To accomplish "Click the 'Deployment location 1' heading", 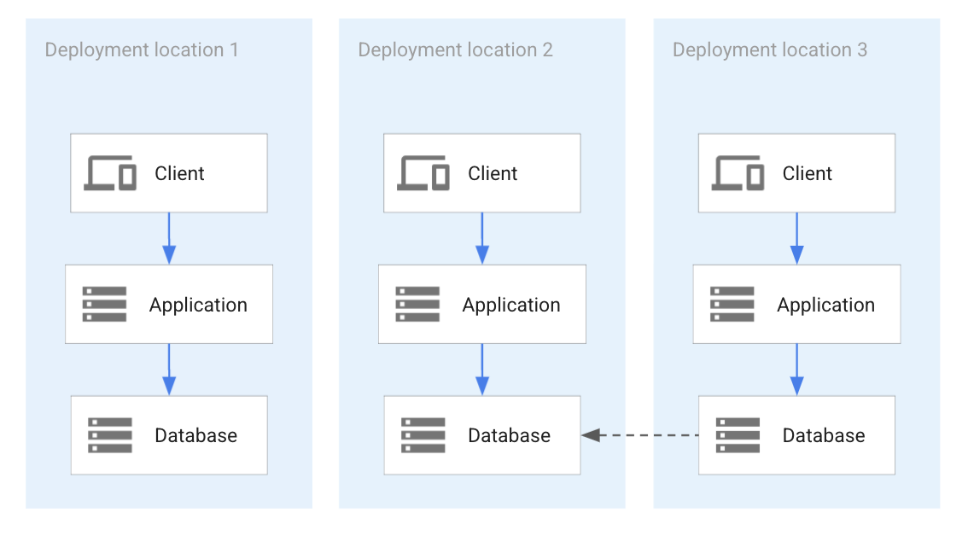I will [x=142, y=50].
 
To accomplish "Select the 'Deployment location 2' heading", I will [x=455, y=50].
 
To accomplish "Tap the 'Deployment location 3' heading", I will [x=769, y=50].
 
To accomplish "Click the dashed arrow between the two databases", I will [x=639, y=435].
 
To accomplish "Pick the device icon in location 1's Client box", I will [x=110, y=173].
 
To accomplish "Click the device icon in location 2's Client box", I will [x=423, y=173].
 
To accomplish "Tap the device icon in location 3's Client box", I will [x=738, y=173].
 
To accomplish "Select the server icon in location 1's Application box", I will [x=104, y=305].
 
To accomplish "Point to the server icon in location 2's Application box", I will [x=417, y=305].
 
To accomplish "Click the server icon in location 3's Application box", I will [x=732, y=305].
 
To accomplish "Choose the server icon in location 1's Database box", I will [x=110, y=435].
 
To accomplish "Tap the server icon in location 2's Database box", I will [x=423, y=435].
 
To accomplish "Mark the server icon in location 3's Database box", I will [x=738, y=435].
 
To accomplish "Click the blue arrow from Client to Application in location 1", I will [x=169, y=238].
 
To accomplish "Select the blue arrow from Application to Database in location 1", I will [x=169, y=370].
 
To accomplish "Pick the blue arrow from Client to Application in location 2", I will [x=482, y=238].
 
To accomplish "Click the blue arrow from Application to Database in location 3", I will [x=796, y=370].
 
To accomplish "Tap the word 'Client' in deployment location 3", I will [x=807, y=174].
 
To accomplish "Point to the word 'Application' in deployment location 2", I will [x=511, y=306].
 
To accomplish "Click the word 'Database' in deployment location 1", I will [x=195, y=436].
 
